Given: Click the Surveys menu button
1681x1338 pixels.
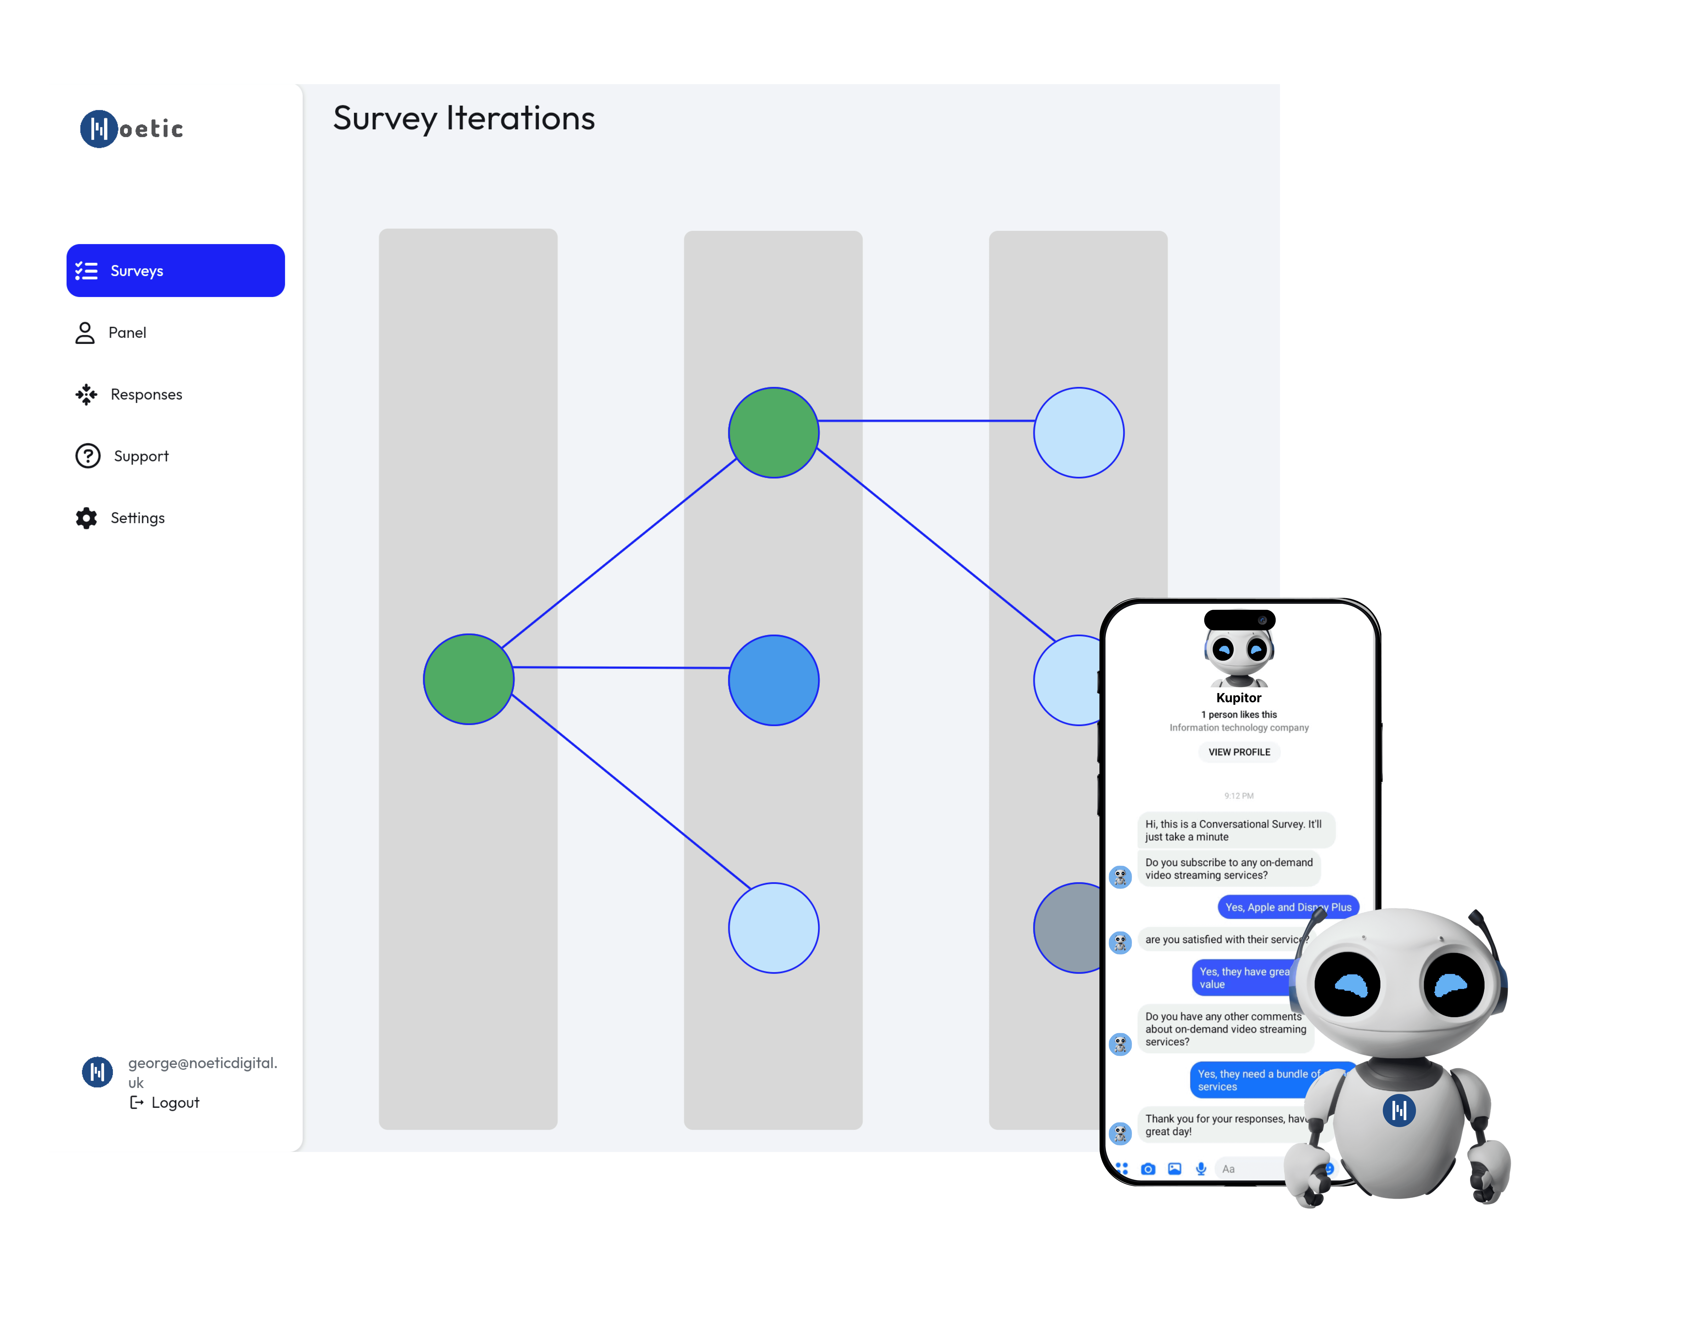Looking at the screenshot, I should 176,270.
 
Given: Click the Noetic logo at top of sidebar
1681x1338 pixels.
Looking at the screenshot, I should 133,128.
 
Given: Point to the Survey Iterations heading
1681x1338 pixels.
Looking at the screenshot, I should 464,118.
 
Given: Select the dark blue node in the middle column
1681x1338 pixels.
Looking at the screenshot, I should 773,680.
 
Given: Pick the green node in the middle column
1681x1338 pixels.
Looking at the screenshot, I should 773,432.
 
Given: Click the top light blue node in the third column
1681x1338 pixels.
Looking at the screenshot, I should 1078,432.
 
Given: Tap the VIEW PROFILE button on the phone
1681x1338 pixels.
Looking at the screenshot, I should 1239,752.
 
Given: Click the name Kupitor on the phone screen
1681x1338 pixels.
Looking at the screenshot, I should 1238,697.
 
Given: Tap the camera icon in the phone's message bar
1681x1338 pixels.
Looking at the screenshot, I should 1148,1169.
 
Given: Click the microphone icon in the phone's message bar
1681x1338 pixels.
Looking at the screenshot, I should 1201,1169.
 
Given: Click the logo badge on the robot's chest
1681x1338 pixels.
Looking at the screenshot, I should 1399,1110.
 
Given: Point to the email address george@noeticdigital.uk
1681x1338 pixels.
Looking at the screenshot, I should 203,1072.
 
